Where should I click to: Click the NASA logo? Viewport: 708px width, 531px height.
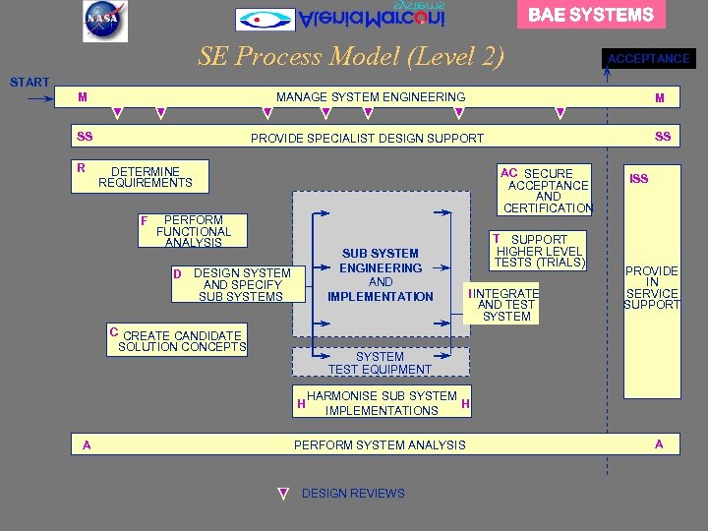pyautogui.click(x=105, y=21)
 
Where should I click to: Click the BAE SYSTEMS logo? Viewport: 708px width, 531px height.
pyautogui.click(x=591, y=15)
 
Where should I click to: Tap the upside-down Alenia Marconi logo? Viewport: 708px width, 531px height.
pyautogui.click(x=340, y=18)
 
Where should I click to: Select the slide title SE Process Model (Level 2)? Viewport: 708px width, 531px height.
pyautogui.click(x=351, y=56)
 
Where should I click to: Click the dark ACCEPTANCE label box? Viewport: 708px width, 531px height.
pyautogui.click(x=649, y=59)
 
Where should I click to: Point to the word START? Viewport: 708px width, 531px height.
pyautogui.click(x=29, y=82)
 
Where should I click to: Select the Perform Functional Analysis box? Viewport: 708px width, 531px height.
pyautogui.click(x=194, y=231)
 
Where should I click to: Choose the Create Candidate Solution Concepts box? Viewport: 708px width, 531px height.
pyautogui.click(x=178, y=340)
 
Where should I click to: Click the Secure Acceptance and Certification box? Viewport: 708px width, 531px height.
pyautogui.click(x=548, y=191)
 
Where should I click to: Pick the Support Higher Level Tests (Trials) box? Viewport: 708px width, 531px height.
pyautogui.click(x=540, y=251)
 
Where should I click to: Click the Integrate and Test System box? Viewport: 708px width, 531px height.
pyautogui.click(x=506, y=305)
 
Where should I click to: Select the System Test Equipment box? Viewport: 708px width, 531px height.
pyautogui.click(x=381, y=363)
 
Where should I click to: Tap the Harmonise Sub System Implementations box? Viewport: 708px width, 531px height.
pyautogui.click(x=382, y=403)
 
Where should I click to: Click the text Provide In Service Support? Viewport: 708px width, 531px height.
pyautogui.click(x=652, y=287)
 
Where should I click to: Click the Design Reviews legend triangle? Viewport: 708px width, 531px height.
pyautogui.click(x=283, y=494)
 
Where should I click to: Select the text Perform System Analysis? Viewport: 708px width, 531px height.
pyautogui.click(x=380, y=444)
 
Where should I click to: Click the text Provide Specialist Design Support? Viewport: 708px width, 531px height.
pyautogui.click(x=367, y=138)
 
